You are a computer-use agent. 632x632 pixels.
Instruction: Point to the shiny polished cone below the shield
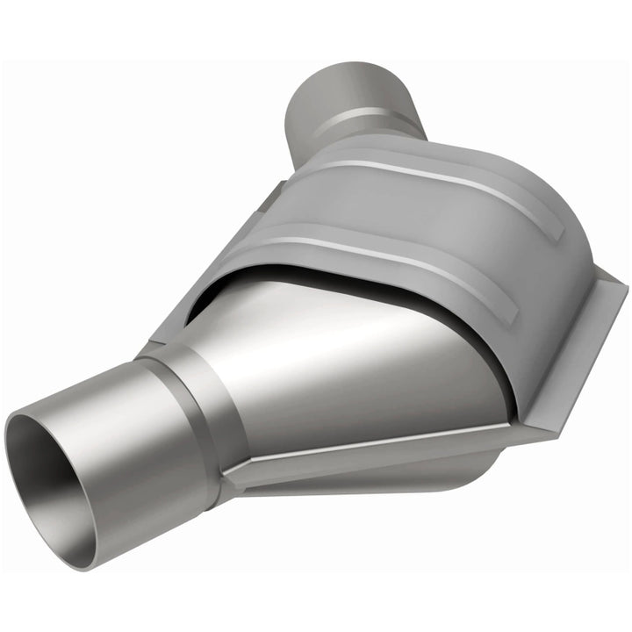tap(351, 351)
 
